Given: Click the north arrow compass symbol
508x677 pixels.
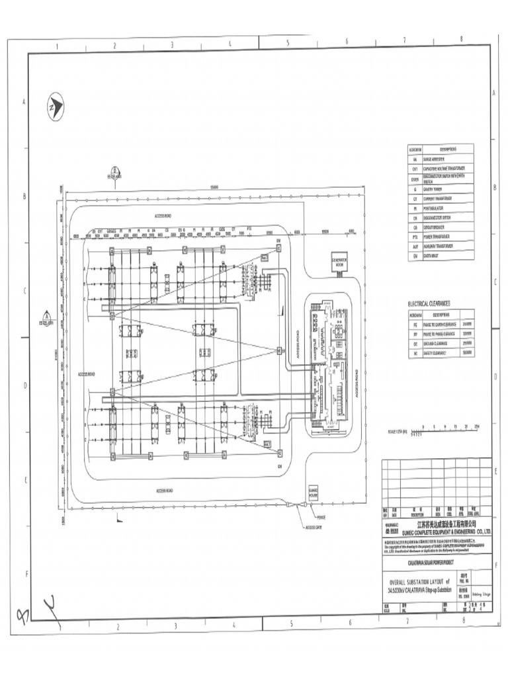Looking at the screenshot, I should (x=54, y=106).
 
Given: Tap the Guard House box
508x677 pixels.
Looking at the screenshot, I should (x=314, y=493).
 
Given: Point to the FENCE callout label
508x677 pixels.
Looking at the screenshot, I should (x=321, y=518).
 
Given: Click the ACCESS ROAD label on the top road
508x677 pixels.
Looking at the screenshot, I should (x=163, y=216).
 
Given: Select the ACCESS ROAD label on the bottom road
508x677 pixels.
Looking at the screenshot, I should (x=165, y=491).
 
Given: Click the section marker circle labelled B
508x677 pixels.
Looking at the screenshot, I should (x=114, y=170).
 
